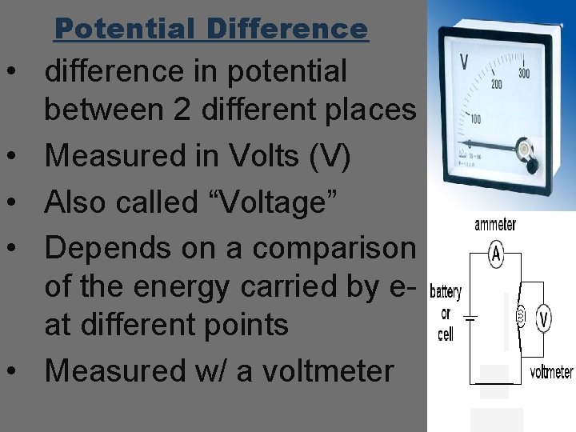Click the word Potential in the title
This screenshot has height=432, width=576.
124,30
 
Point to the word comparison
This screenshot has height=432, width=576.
335,249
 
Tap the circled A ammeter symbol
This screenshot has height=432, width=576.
496,254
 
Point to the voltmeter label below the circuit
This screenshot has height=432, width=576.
551,373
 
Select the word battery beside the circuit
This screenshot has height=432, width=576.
446,293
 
